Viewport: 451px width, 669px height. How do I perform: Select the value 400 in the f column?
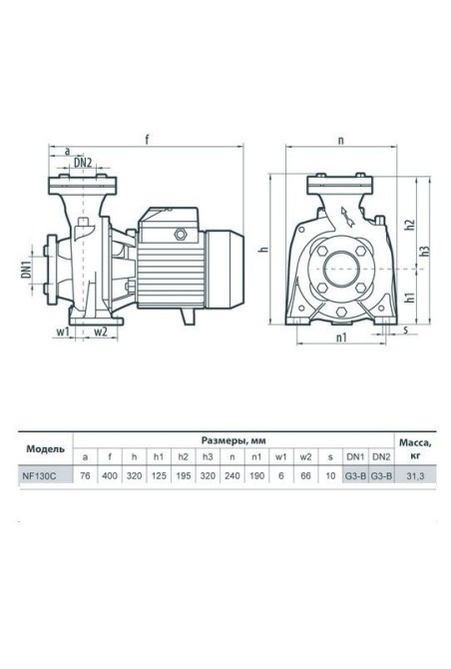[x=110, y=476]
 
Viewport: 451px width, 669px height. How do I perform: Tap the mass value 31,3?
[x=415, y=476]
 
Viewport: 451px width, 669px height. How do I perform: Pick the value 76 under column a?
[x=85, y=476]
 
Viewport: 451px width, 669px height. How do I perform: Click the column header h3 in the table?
[x=208, y=457]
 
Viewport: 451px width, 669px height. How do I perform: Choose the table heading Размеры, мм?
[x=233, y=440]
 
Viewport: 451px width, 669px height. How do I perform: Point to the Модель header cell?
[x=46, y=449]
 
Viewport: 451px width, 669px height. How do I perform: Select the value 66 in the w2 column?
[x=305, y=476]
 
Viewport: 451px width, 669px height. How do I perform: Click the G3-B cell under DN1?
[x=355, y=476]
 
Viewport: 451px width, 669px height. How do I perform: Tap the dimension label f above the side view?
[x=147, y=139]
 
